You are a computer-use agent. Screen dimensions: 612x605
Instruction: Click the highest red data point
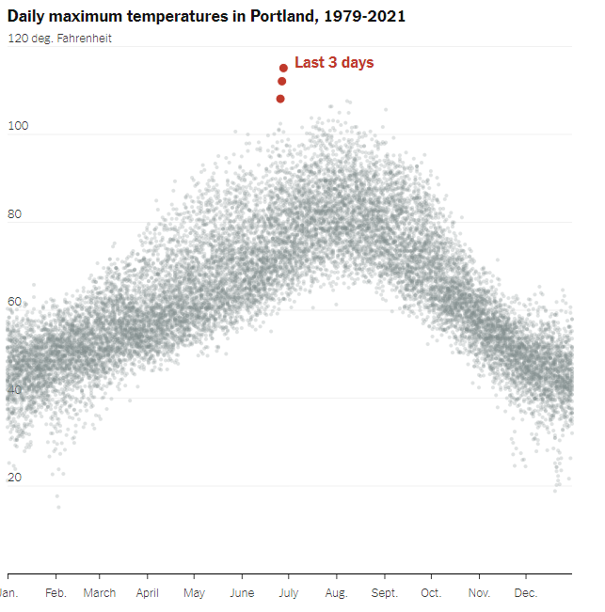(283, 68)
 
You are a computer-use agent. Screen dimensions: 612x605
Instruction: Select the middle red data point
(282, 82)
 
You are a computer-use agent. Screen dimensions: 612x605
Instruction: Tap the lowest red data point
(280, 99)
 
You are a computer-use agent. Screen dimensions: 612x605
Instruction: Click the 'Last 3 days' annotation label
(334, 63)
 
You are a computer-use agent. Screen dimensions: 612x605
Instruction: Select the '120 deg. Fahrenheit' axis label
(59, 39)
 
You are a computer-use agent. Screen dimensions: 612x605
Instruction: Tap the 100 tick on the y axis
(18, 126)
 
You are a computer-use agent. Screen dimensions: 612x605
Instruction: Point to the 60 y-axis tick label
(14, 302)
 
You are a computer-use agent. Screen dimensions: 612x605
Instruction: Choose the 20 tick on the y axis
(14, 478)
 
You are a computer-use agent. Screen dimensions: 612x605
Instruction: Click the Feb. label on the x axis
(56, 593)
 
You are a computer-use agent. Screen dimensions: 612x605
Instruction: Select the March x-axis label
(100, 593)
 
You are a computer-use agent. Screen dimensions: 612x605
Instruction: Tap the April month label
(147, 593)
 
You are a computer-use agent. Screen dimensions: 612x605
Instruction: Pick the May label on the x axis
(194, 593)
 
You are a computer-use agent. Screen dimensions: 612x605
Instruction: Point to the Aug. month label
(336, 593)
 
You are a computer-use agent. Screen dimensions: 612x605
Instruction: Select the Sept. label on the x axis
(384, 593)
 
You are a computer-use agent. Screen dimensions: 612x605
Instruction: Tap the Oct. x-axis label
(431, 593)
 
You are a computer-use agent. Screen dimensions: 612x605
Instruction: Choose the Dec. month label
(526, 593)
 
